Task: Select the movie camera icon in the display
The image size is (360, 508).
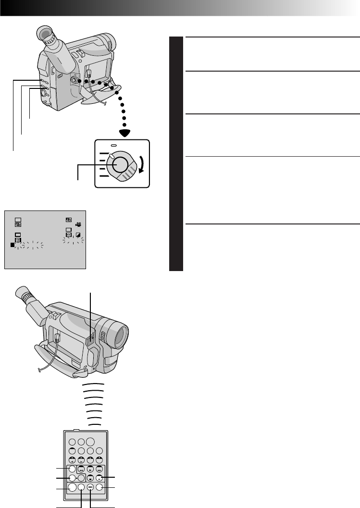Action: [78, 224]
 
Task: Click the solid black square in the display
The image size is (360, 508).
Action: [12, 245]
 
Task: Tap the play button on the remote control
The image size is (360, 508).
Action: [90, 469]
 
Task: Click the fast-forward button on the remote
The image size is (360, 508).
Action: [99, 469]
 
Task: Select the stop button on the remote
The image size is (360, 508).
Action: [90, 478]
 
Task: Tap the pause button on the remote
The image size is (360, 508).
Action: [99, 478]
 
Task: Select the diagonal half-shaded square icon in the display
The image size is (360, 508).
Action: [78, 235]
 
